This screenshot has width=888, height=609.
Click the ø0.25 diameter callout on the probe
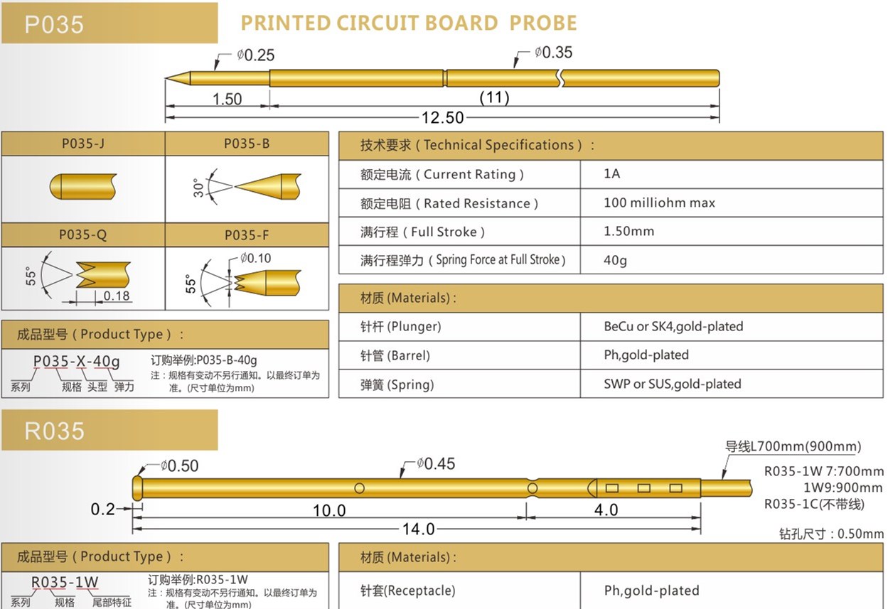[256, 55]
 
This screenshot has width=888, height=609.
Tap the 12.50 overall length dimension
[442, 118]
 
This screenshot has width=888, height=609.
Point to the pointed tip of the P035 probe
[166, 78]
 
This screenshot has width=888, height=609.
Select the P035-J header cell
[83, 144]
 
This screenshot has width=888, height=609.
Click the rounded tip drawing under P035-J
[83, 186]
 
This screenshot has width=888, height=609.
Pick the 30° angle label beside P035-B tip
[198, 188]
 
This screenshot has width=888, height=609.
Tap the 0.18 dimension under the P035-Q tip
[117, 296]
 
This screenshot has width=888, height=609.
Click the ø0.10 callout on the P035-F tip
[256, 259]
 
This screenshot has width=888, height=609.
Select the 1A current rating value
[611, 173]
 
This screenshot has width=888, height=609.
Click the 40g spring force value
[615, 260]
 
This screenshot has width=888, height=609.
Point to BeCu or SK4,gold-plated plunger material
[673, 326]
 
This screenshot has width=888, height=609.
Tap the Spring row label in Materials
[397, 384]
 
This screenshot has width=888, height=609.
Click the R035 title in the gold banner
[54, 431]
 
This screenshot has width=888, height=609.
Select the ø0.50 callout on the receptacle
[180, 465]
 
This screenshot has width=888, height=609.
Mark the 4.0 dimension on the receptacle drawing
[606, 510]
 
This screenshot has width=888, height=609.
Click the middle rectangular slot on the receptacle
[644, 488]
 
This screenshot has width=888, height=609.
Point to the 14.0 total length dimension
[418, 529]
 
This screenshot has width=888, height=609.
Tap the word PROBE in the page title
[543, 23]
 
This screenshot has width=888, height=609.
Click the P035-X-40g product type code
[76, 362]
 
